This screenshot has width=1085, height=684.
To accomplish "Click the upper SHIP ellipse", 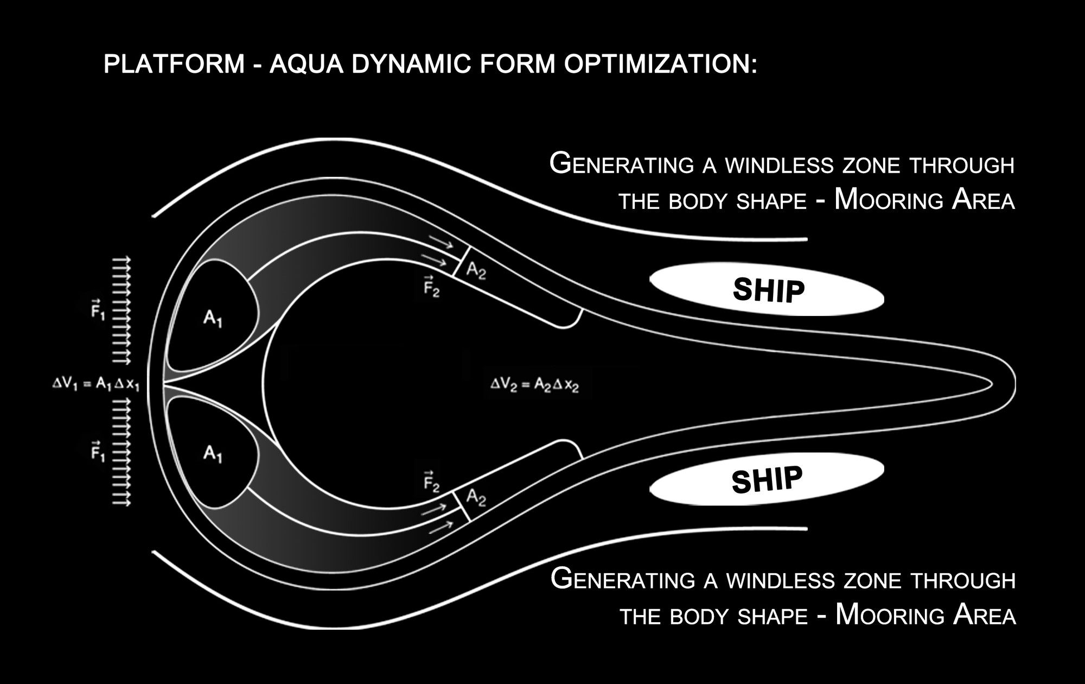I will [x=767, y=290].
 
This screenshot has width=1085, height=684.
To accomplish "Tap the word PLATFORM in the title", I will [x=174, y=64].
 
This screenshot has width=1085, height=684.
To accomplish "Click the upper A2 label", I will [x=476, y=270].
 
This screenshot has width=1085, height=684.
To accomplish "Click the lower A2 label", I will [x=476, y=496].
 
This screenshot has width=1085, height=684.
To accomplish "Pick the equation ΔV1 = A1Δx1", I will [x=95, y=384].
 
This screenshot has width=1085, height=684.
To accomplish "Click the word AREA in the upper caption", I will [x=983, y=201].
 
